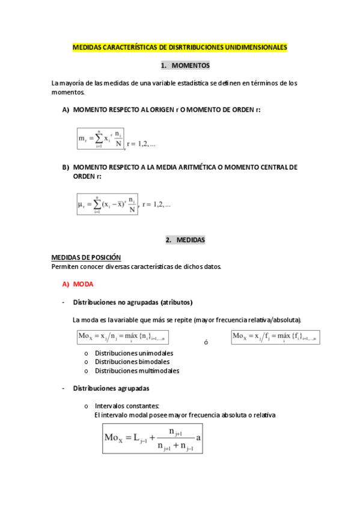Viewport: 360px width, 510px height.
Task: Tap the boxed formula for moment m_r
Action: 100,138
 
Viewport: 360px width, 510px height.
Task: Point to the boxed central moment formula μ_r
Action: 108,204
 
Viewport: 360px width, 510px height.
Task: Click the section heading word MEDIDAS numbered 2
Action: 191,240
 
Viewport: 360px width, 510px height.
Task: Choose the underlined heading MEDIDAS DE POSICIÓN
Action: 86,257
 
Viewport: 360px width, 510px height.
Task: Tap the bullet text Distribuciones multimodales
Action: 137,371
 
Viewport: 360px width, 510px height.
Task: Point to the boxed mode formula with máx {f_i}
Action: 276,336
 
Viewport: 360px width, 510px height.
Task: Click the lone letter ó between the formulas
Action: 206,342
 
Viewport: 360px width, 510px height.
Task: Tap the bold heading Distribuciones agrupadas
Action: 111,389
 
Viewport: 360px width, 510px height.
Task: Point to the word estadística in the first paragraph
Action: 194,83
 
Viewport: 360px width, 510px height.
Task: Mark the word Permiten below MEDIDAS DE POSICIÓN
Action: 66,266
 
